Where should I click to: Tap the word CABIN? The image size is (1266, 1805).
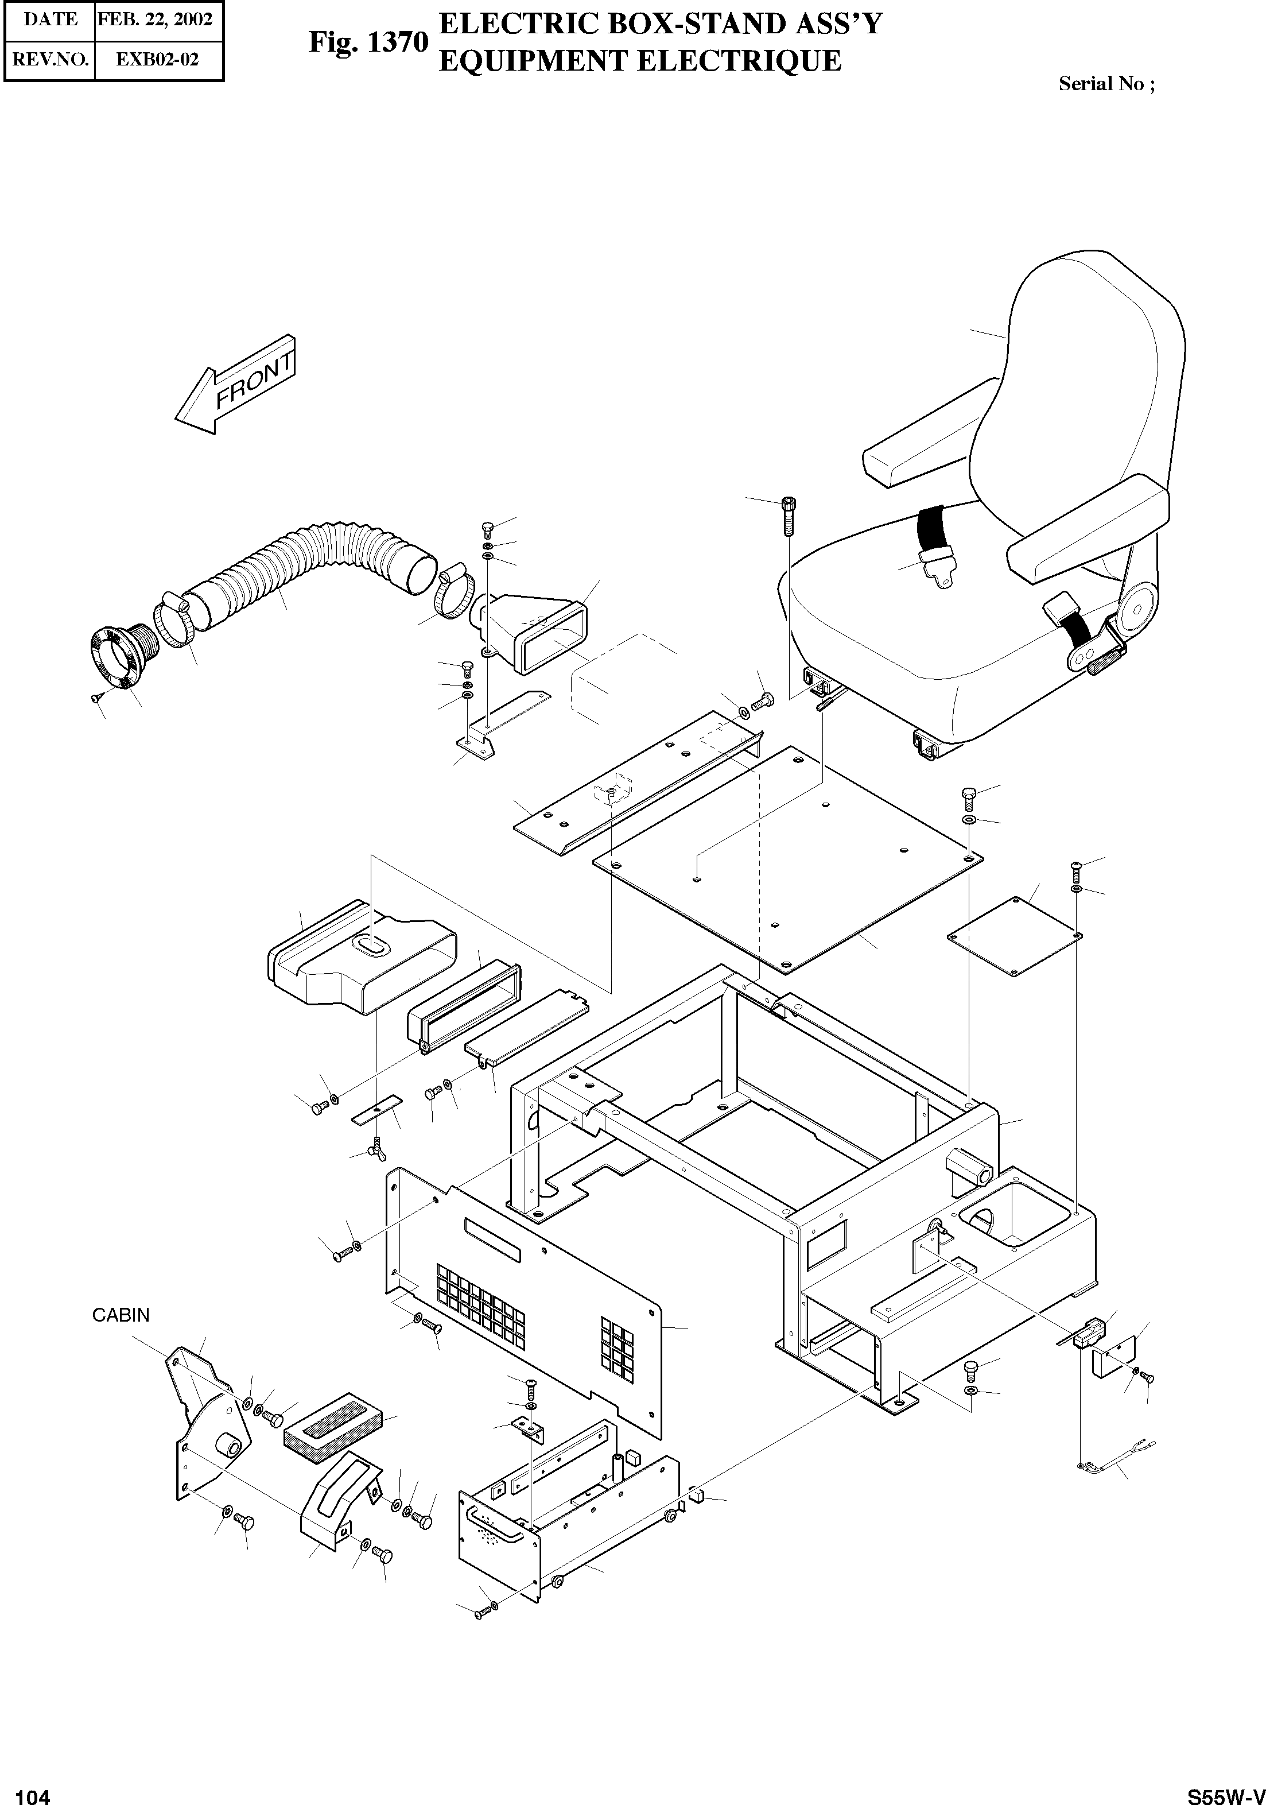(121, 1315)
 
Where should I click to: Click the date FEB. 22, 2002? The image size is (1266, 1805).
(155, 19)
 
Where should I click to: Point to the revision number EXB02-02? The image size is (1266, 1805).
(157, 60)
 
